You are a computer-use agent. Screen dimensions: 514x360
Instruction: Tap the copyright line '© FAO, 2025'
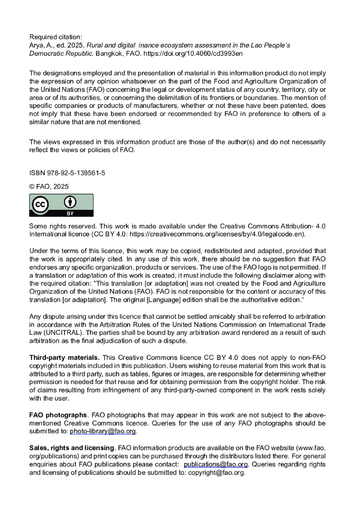tap(49, 187)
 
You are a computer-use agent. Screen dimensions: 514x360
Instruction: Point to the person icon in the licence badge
tap(70, 202)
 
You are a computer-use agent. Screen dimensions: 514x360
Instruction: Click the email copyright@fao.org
tap(216, 473)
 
